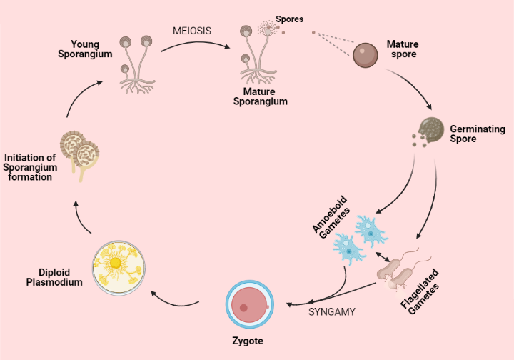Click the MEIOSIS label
tap(192, 32)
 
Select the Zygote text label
tap(248, 341)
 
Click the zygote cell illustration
tap(248, 304)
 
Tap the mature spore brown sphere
tap(366, 56)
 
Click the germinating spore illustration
tap(429, 129)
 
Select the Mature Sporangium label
tap(260, 96)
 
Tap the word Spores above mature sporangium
tap(289, 19)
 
